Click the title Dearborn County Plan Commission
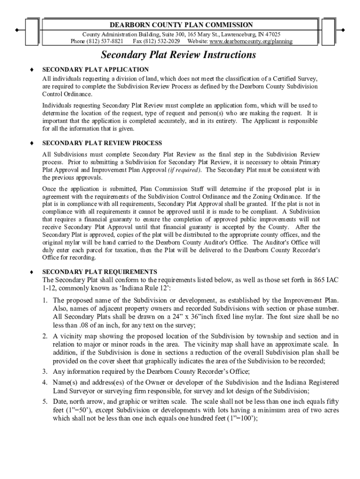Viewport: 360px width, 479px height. [181, 25]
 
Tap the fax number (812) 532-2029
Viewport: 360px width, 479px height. [163, 41]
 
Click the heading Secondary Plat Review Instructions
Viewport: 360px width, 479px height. [179, 55]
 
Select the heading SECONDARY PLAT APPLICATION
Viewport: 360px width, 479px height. [95, 69]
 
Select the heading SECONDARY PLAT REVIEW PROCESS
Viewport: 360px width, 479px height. [102, 143]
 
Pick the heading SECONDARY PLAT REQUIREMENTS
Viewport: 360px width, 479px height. [100, 271]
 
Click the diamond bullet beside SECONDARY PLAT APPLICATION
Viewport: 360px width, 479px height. [31, 69]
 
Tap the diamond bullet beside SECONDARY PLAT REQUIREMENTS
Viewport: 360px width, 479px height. [31, 271]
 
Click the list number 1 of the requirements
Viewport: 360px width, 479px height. [45, 300]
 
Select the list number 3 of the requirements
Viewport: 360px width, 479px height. [45, 372]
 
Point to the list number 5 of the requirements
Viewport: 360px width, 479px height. [45, 401]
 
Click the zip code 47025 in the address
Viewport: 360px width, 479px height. [272, 35]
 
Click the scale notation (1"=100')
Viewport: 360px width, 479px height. [241, 419]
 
